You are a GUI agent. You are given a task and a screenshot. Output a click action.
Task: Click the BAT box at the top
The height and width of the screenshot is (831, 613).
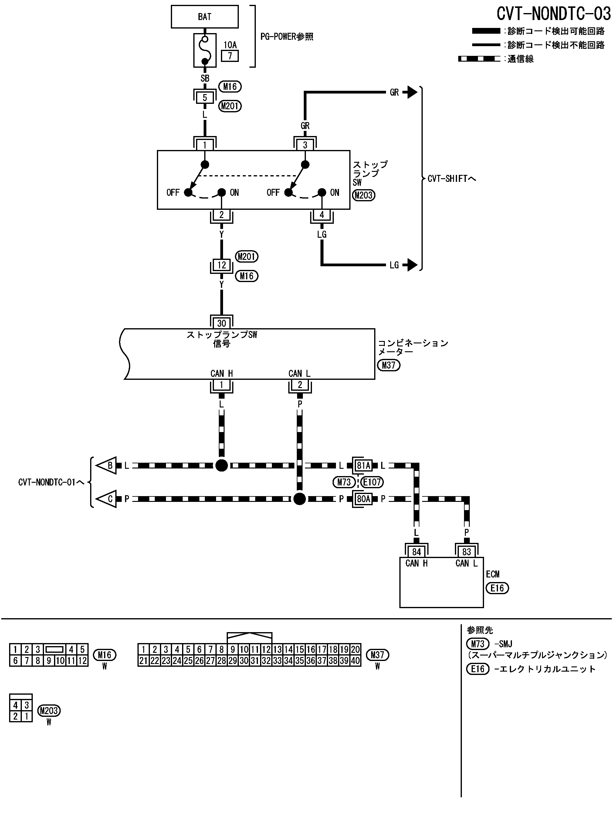click(x=205, y=17)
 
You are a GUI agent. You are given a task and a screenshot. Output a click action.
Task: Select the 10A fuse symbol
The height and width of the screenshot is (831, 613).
click(x=205, y=50)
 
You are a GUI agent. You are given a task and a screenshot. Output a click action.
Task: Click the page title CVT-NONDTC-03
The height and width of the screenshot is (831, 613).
click(x=553, y=14)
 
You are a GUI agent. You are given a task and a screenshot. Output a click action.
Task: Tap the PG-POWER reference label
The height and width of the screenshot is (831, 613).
click(x=286, y=37)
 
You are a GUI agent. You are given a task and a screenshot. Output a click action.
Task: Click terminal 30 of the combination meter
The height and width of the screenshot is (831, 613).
click(x=222, y=323)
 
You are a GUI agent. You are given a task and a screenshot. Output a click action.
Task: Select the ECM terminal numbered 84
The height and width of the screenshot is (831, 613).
click(x=416, y=552)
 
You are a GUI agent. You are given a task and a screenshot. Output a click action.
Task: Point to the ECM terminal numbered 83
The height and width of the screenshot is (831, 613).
click(x=466, y=552)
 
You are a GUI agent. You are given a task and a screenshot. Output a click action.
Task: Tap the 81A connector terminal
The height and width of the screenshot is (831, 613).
click(x=363, y=465)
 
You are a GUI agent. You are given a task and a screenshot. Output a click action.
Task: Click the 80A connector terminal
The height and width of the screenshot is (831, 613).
click(x=363, y=499)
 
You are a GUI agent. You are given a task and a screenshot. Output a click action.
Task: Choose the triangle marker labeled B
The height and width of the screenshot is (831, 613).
click(x=107, y=465)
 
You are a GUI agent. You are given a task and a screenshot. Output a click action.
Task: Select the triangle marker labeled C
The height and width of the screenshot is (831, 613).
click(x=107, y=499)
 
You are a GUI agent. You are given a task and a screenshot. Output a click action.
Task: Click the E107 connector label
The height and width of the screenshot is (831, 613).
click(x=372, y=482)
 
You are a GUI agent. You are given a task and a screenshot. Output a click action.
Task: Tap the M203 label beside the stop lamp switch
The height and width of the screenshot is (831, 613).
click(x=364, y=195)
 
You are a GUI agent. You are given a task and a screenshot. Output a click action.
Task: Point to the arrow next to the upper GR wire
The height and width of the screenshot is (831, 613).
click(x=410, y=92)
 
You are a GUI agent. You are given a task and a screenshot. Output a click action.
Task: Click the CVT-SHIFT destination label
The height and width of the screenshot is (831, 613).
click(x=451, y=179)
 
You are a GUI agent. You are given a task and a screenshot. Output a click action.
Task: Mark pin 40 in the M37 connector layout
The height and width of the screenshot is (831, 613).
click(x=355, y=671)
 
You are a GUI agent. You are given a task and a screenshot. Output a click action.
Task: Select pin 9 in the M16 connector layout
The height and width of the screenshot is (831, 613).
click(x=49, y=671)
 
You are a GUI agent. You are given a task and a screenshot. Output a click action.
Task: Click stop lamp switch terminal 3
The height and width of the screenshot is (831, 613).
click(x=305, y=145)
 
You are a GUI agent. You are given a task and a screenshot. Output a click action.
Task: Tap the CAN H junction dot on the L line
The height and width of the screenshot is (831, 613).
click(x=222, y=465)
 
